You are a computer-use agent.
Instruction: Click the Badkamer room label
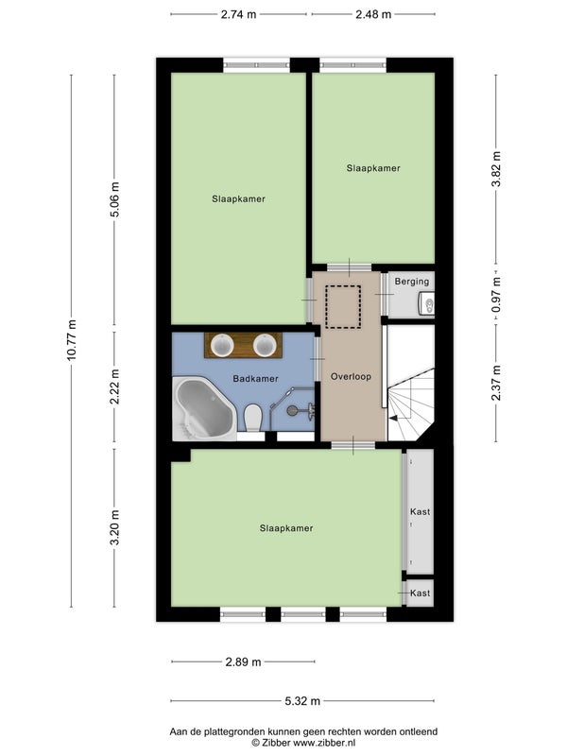click(x=255, y=379)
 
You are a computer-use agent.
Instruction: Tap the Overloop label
click(x=351, y=376)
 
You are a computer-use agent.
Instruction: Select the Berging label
click(x=412, y=281)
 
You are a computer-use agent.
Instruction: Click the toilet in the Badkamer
click(x=252, y=418)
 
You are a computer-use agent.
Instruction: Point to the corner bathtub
click(x=204, y=409)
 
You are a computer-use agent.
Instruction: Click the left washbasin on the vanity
click(x=222, y=346)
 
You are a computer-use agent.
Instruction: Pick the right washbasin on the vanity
click(x=265, y=346)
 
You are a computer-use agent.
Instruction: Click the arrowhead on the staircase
click(x=393, y=419)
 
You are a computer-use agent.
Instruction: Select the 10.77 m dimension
click(x=72, y=340)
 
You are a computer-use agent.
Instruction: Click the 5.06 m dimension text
click(x=114, y=199)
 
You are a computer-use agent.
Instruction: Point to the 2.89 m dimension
click(x=244, y=662)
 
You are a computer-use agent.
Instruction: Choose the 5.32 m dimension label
click(x=302, y=701)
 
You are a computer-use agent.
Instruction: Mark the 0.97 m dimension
click(x=496, y=295)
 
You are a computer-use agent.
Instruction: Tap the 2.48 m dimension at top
click(x=373, y=14)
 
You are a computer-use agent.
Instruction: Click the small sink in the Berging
click(x=426, y=303)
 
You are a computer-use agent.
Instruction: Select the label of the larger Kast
click(x=420, y=511)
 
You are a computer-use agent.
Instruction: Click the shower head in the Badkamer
click(x=292, y=410)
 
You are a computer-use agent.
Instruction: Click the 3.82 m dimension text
click(x=496, y=169)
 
